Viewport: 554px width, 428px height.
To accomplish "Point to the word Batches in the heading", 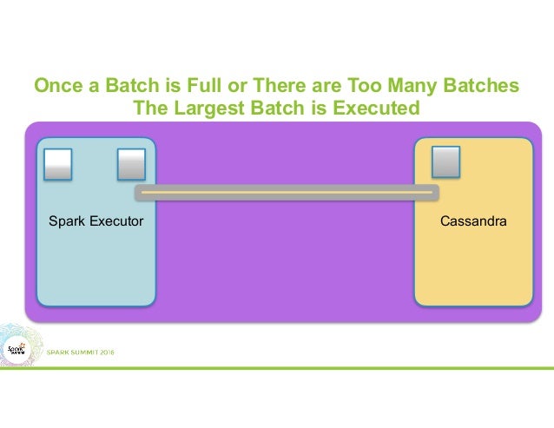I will coord(485,87).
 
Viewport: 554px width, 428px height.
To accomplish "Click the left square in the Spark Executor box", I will coord(57,163).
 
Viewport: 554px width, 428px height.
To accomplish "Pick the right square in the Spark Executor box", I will coord(131,163).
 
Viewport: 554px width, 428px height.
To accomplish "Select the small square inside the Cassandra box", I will coord(445,161).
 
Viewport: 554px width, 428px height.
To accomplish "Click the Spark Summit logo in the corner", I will coord(17,349).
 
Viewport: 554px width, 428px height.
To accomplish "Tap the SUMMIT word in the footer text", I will coord(79,352).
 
